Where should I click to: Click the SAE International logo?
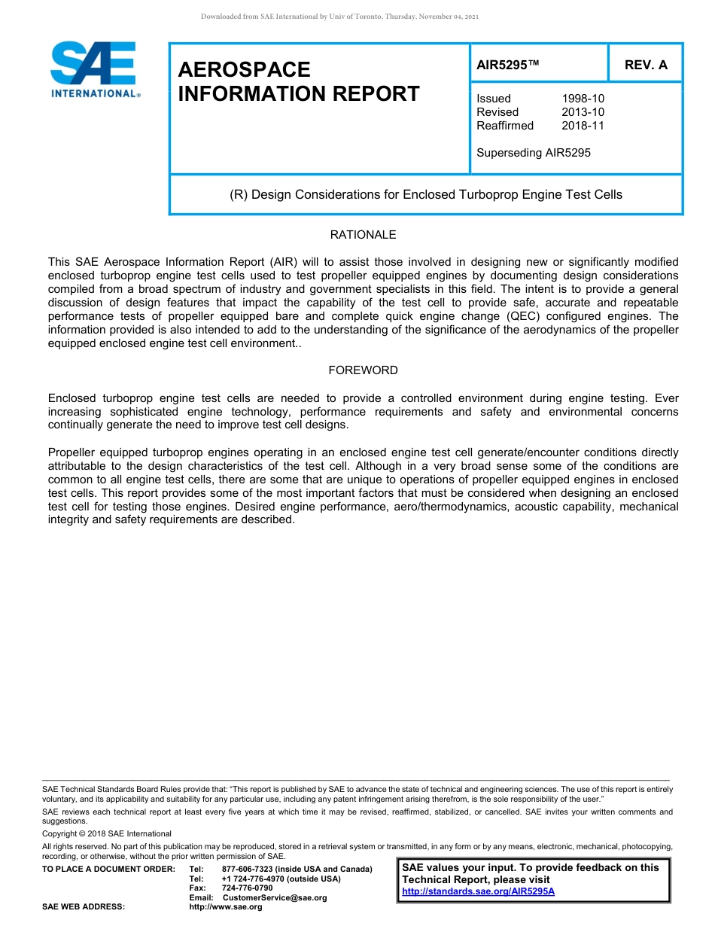click(94, 69)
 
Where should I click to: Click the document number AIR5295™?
click(508, 65)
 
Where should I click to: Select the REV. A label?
click(646, 65)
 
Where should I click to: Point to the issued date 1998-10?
click(583, 99)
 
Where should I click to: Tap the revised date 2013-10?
click(583, 112)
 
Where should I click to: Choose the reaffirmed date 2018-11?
click(583, 126)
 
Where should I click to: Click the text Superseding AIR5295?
click(534, 153)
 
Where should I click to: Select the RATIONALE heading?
click(363, 235)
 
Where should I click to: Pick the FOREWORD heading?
click(363, 370)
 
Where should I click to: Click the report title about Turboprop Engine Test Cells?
click(426, 194)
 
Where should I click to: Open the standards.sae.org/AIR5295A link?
click(478, 891)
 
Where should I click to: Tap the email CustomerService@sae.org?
click(275, 897)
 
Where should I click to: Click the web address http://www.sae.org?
click(226, 907)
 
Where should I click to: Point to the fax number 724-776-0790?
click(247, 888)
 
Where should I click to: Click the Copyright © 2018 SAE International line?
click(107, 833)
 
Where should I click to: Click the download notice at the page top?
click(339, 17)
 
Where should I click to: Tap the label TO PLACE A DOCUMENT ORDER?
click(108, 870)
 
